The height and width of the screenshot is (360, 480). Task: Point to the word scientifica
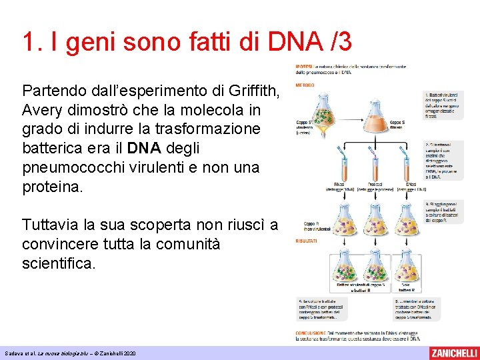[x=59, y=264]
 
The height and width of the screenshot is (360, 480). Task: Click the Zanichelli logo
[x=454, y=351]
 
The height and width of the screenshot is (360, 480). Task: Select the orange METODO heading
[x=306, y=85]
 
